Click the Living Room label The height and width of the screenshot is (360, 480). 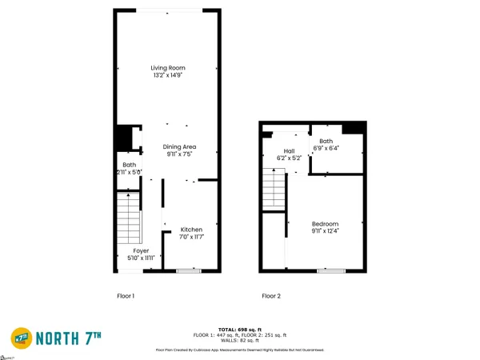click(x=168, y=68)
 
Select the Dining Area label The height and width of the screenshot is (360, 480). click(x=179, y=147)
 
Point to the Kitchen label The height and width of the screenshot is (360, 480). click(x=191, y=229)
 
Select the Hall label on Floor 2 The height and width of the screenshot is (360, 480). click(x=290, y=150)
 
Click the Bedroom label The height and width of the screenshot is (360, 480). click(x=325, y=224)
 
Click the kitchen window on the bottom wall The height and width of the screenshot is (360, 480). click(x=189, y=272)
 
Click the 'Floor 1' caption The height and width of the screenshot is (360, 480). click(x=126, y=296)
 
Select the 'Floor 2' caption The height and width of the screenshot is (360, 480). click(x=271, y=296)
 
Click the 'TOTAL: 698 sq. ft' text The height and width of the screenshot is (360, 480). click(x=239, y=328)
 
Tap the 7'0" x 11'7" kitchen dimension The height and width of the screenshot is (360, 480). click(x=191, y=238)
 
